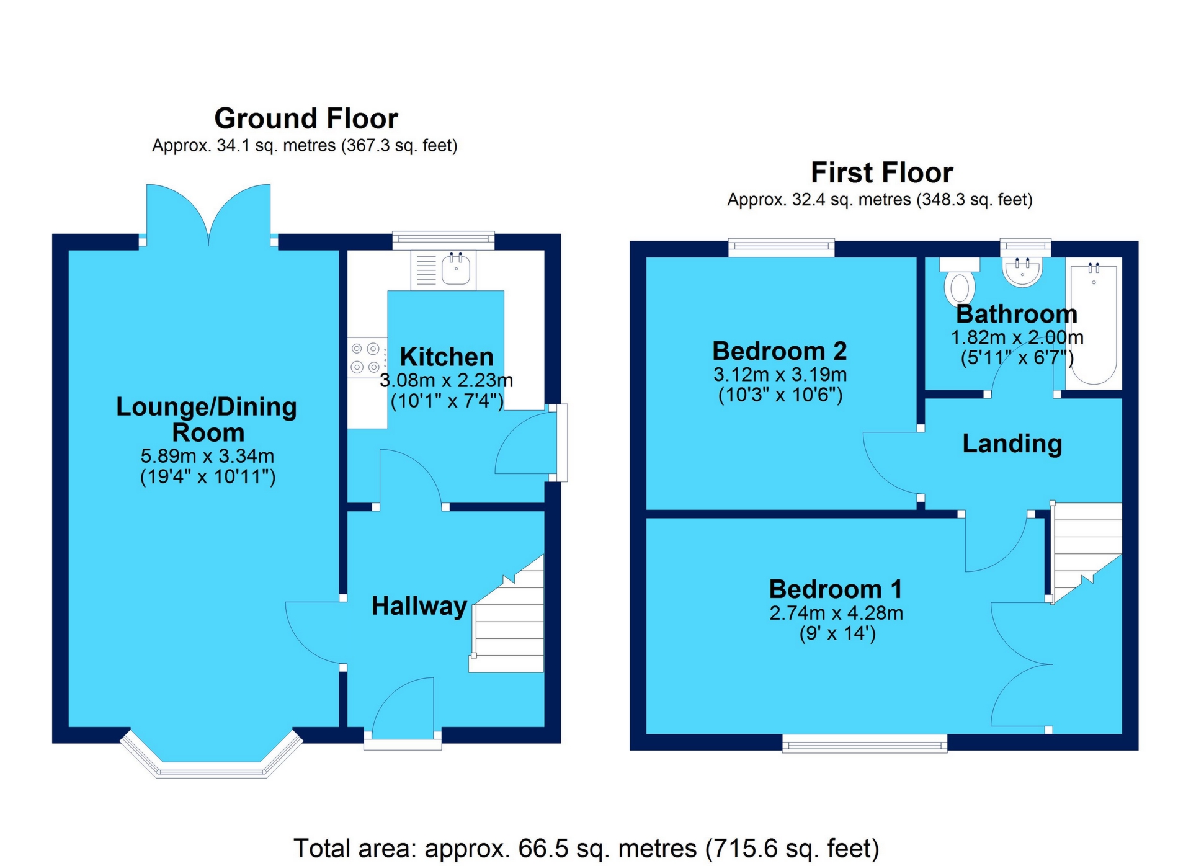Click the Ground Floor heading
pyautogui.click(x=306, y=118)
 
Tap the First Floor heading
pyautogui.click(x=881, y=172)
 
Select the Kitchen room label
pyautogui.click(x=446, y=357)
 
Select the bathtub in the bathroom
pyautogui.click(x=1093, y=323)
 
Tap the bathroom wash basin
pyautogui.click(x=1022, y=271)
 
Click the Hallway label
pyautogui.click(x=419, y=605)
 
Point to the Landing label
pyautogui.click(x=1012, y=444)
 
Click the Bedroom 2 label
pyautogui.click(x=779, y=351)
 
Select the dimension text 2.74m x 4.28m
pyautogui.click(x=836, y=613)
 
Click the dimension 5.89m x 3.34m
pyautogui.click(x=207, y=456)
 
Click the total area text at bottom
pyautogui.click(x=586, y=848)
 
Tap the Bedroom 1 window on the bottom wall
pyautogui.click(x=864, y=743)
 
